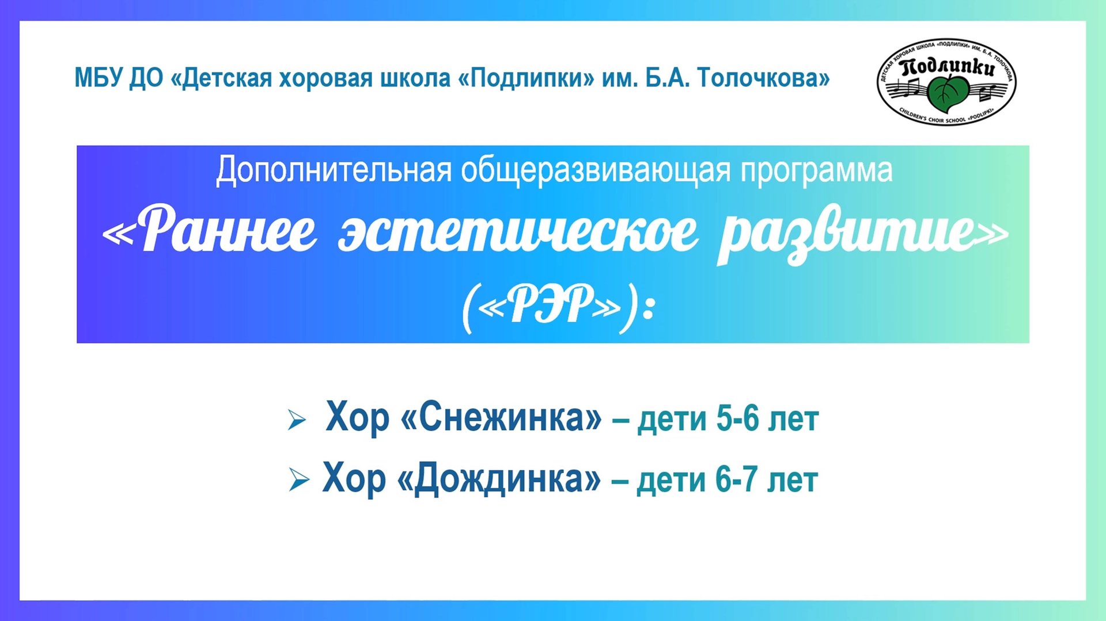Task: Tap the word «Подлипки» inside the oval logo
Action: [x=948, y=68]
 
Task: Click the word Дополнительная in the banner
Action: [x=334, y=170]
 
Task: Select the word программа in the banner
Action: [x=816, y=172]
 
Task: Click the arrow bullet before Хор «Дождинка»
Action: [x=298, y=479]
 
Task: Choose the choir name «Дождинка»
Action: [x=499, y=478]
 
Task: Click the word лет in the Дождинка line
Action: [x=793, y=479]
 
